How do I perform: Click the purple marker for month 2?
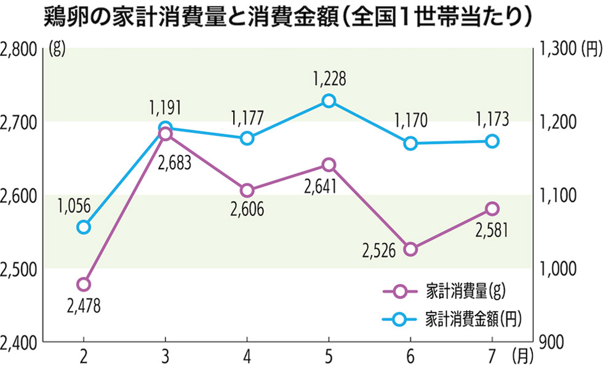tap(84, 284)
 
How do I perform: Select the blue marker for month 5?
tap(329, 101)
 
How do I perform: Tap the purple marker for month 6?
tap(410, 249)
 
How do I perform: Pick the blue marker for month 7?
tap(492, 141)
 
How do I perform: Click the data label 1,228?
tap(329, 79)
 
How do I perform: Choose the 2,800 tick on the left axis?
tap(19, 49)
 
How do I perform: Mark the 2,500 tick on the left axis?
tap(19, 269)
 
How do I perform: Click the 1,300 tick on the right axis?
tap(557, 49)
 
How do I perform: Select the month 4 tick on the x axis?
tap(247, 355)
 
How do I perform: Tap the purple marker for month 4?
tap(247, 190)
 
